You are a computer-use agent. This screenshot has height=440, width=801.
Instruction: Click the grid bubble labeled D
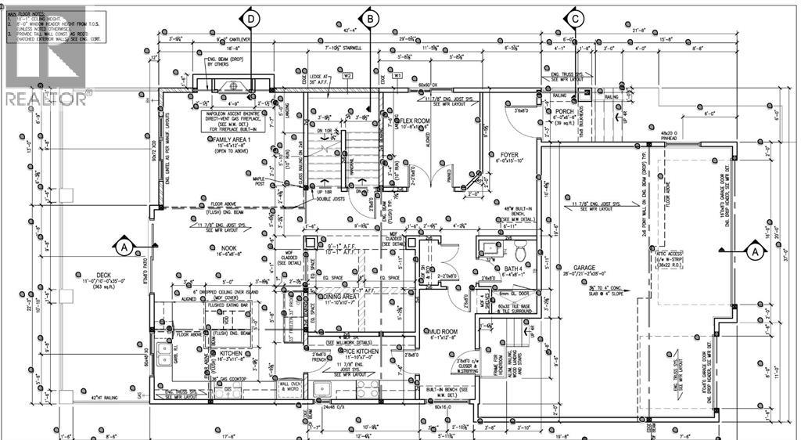(x=251, y=18)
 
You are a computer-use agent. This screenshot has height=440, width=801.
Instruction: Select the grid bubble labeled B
(x=371, y=18)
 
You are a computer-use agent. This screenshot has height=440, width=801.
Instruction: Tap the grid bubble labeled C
(x=576, y=18)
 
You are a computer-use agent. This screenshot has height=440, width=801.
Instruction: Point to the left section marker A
(x=124, y=247)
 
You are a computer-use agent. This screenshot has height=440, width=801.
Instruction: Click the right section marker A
(x=755, y=252)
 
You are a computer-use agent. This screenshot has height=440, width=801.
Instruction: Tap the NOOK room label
(x=228, y=247)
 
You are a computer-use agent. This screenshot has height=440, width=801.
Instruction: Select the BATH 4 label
(x=493, y=268)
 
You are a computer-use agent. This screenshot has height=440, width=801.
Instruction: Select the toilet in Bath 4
(x=520, y=251)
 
